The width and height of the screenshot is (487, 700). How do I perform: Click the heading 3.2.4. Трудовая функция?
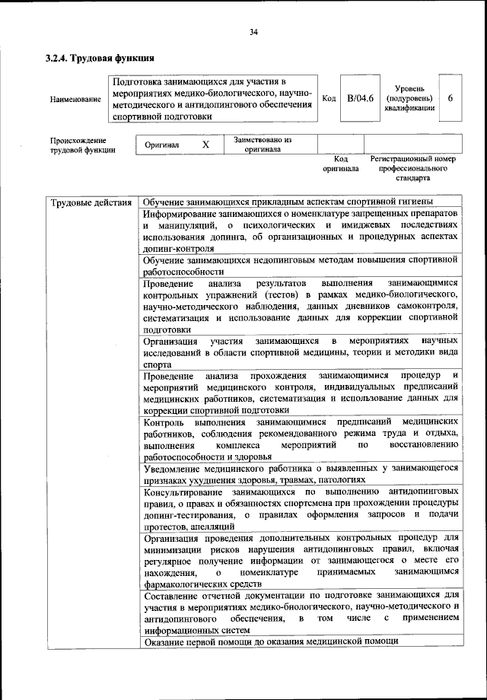(x=100, y=58)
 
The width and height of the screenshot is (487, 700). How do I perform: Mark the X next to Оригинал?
(x=205, y=145)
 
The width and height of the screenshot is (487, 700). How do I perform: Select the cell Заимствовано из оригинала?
(x=262, y=145)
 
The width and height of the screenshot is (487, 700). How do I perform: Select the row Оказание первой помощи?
(x=270, y=641)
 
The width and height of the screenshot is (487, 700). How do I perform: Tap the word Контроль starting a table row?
(x=162, y=421)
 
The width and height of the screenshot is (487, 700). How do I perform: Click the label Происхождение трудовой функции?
(x=83, y=145)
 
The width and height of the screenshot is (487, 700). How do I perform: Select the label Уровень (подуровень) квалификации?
(x=409, y=99)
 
